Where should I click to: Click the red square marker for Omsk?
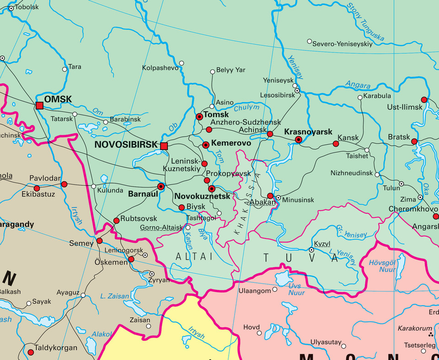(40, 106)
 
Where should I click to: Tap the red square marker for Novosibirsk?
(164, 146)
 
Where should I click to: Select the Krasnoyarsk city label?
(308, 132)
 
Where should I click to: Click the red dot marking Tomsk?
(199, 117)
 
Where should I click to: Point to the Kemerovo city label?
(231, 143)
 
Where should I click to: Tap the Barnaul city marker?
(161, 186)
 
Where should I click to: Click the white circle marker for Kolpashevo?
(182, 63)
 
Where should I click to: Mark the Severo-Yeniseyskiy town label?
(343, 44)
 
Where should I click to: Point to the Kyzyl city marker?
(311, 250)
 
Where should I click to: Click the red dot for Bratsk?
(414, 142)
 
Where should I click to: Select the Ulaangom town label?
(255, 291)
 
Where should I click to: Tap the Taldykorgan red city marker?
(31, 352)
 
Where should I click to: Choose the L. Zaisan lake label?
(115, 296)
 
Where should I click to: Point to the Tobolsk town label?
(27, 7)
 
